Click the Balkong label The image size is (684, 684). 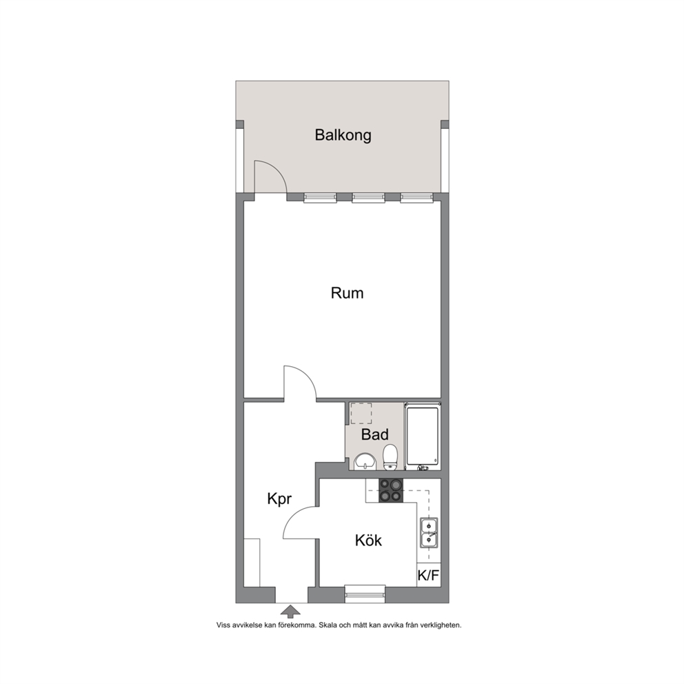[343, 134]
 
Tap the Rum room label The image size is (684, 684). [347, 293]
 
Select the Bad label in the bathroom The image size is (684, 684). [374, 434]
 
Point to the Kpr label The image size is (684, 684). [279, 499]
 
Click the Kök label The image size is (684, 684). [368, 541]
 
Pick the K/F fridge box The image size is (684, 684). [428, 575]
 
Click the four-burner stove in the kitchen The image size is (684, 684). [391, 490]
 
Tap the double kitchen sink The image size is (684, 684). [429, 532]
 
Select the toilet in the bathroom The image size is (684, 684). [390, 458]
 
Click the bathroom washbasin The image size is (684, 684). [365, 462]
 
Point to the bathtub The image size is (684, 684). [422, 436]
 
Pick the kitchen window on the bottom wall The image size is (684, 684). [365, 594]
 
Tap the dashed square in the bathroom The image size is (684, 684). [361, 414]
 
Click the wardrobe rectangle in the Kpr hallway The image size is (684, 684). [252, 563]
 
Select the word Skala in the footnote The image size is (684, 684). [328, 625]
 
